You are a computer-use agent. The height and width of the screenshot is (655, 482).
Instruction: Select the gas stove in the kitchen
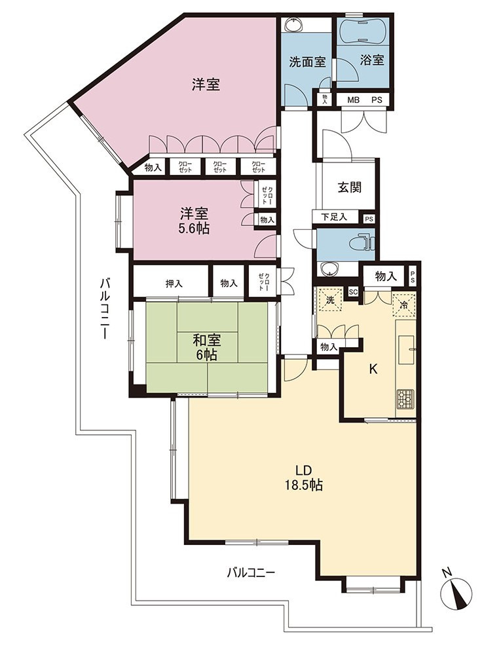(x=405, y=398)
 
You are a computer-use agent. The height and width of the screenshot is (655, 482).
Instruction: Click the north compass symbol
(x=456, y=593)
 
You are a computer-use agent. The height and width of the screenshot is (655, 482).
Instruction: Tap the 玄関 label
(x=349, y=187)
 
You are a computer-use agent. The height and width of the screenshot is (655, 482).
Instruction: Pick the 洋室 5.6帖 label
(x=195, y=221)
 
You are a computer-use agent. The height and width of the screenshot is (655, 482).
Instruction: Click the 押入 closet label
(x=174, y=284)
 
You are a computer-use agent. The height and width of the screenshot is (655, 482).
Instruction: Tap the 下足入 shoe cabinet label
(x=335, y=217)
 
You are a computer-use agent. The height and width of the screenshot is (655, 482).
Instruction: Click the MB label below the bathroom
(x=354, y=100)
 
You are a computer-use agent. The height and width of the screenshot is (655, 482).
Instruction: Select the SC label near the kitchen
(x=353, y=292)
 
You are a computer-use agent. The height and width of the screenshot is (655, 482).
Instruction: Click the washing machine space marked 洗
(x=330, y=300)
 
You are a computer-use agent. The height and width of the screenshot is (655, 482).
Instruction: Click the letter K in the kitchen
(x=373, y=369)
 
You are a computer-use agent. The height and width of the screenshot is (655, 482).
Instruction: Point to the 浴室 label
(x=372, y=60)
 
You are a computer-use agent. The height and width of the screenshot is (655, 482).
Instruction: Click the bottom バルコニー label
(x=251, y=572)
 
